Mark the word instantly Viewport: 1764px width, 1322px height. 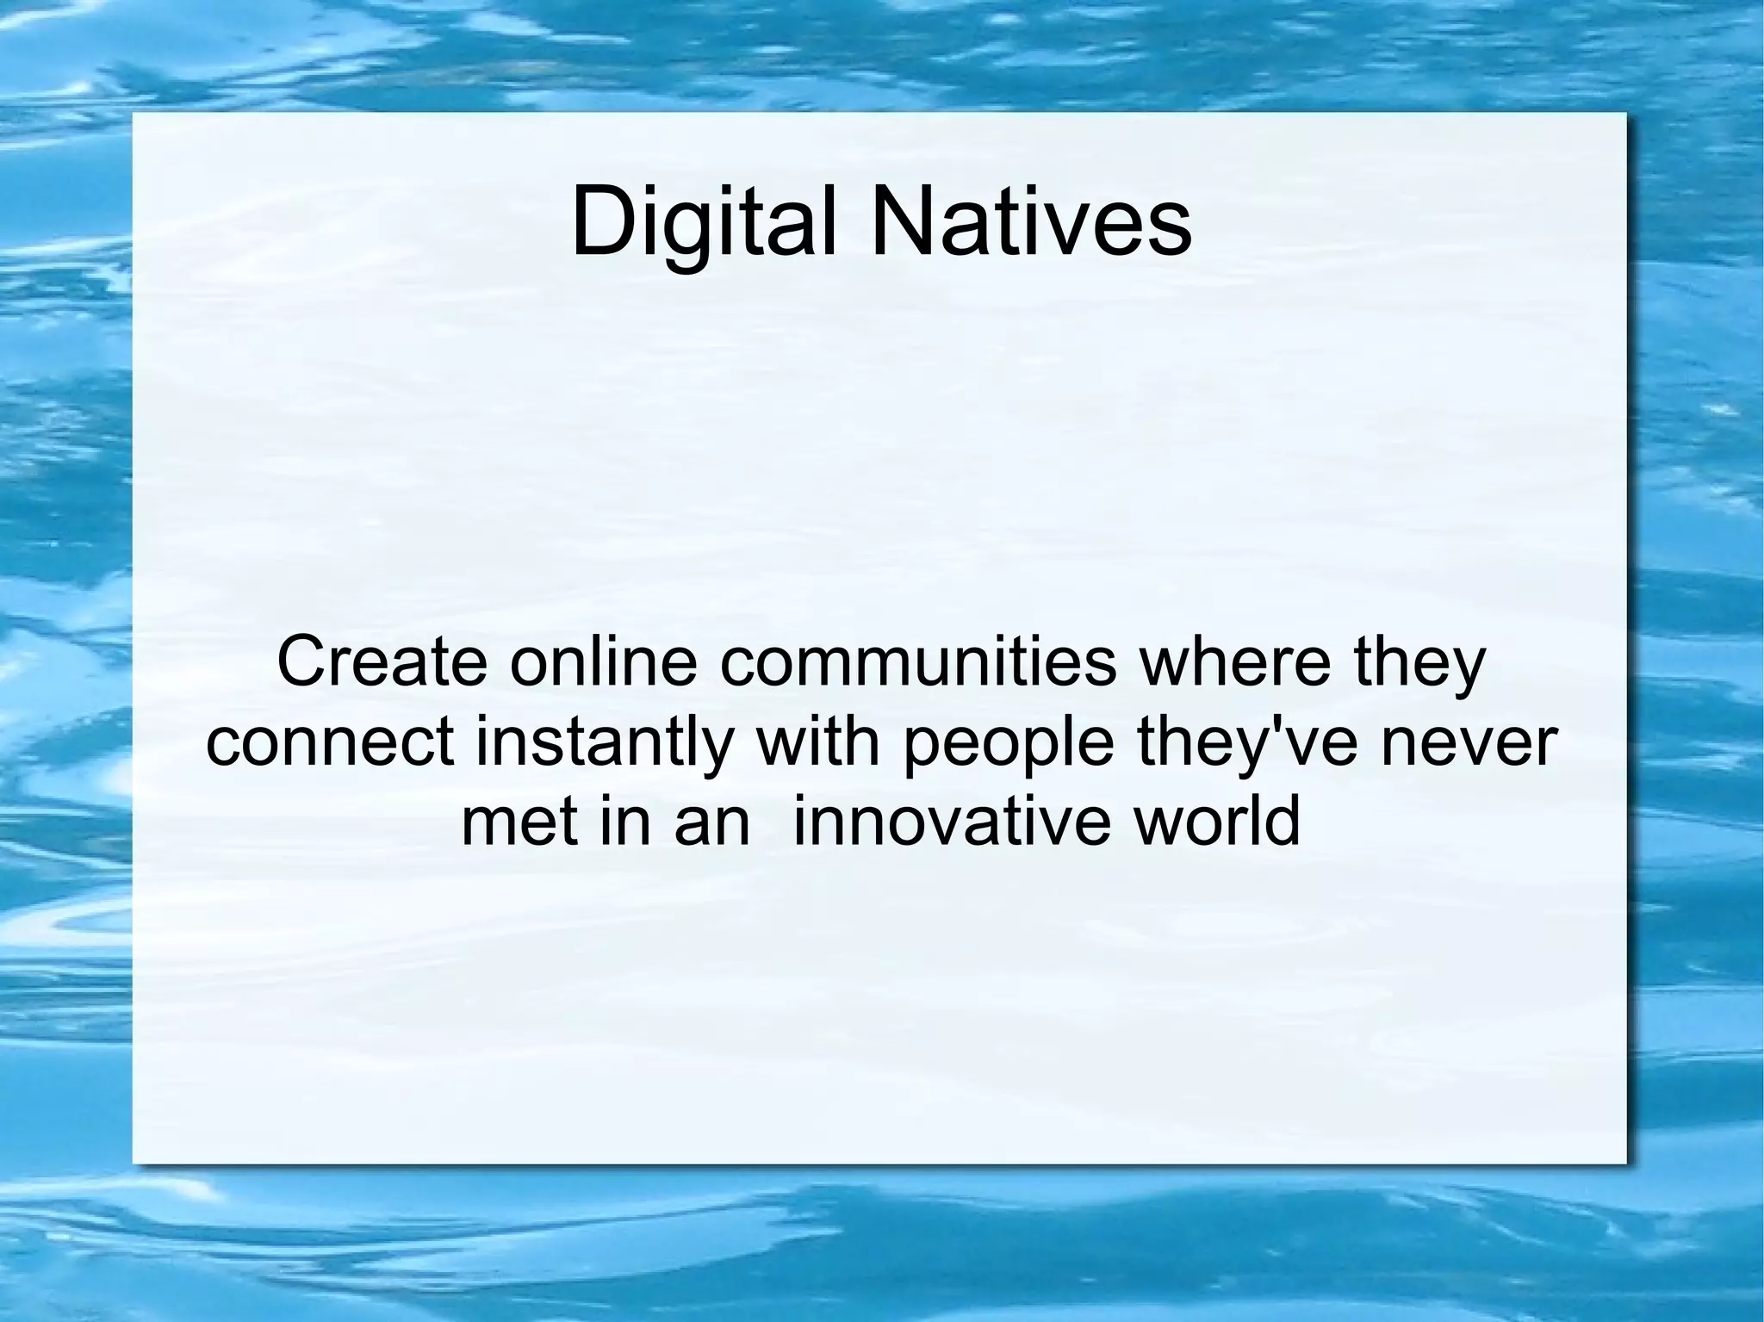click(602, 743)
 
